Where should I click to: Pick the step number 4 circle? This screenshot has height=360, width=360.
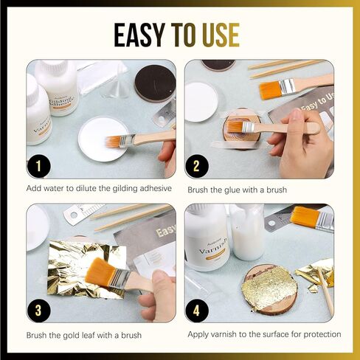pyautogui.click(x=197, y=311)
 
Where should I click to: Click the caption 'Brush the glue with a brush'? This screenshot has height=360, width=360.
pyautogui.click(x=236, y=190)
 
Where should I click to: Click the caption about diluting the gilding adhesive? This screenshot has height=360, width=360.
pyautogui.click(x=99, y=190)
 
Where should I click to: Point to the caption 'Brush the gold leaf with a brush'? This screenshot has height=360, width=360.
pyautogui.click(x=83, y=335)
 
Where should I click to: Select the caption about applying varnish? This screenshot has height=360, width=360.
pyautogui.click(x=264, y=335)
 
